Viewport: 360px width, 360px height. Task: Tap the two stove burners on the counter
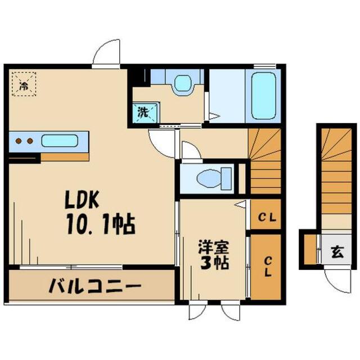click(x=23, y=141)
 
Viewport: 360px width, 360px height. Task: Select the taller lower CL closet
click(x=265, y=267)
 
